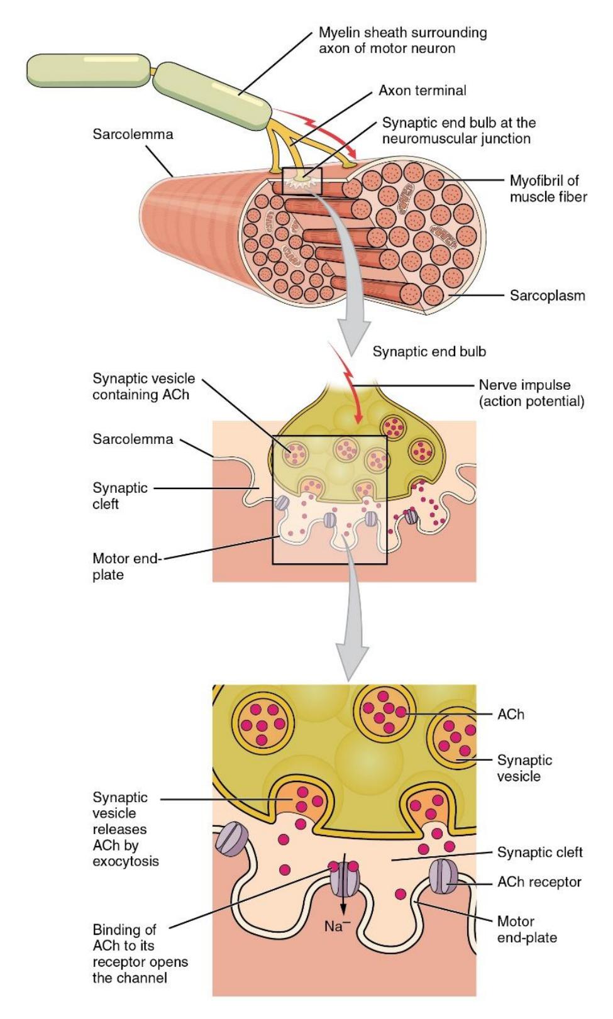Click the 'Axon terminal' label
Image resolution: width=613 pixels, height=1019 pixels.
click(x=422, y=91)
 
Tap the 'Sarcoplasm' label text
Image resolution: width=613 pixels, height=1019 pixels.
click(x=547, y=295)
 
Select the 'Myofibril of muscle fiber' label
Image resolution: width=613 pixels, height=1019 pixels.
click(x=548, y=189)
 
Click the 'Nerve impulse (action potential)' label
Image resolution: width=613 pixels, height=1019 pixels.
click(x=531, y=393)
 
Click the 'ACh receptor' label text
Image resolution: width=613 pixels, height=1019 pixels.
click(x=539, y=881)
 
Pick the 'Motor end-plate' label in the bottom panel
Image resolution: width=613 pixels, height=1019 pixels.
click(x=526, y=929)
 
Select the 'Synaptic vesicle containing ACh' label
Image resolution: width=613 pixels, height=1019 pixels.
click(x=143, y=387)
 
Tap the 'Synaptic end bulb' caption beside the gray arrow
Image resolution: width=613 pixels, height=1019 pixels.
click(x=429, y=351)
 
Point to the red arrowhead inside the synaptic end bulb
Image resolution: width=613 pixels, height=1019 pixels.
click(x=359, y=419)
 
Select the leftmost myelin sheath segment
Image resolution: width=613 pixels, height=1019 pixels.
click(x=89, y=70)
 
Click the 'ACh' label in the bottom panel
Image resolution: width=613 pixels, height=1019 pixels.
click(x=511, y=714)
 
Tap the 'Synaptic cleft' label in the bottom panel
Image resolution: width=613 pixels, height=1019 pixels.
click(x=539, y=852)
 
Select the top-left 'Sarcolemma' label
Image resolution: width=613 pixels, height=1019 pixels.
click(x=133, y=134)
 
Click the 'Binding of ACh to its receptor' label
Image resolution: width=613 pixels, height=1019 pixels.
click(x=140, y=954)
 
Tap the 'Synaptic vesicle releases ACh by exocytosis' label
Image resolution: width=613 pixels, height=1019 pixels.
click(x=126, y=829)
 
